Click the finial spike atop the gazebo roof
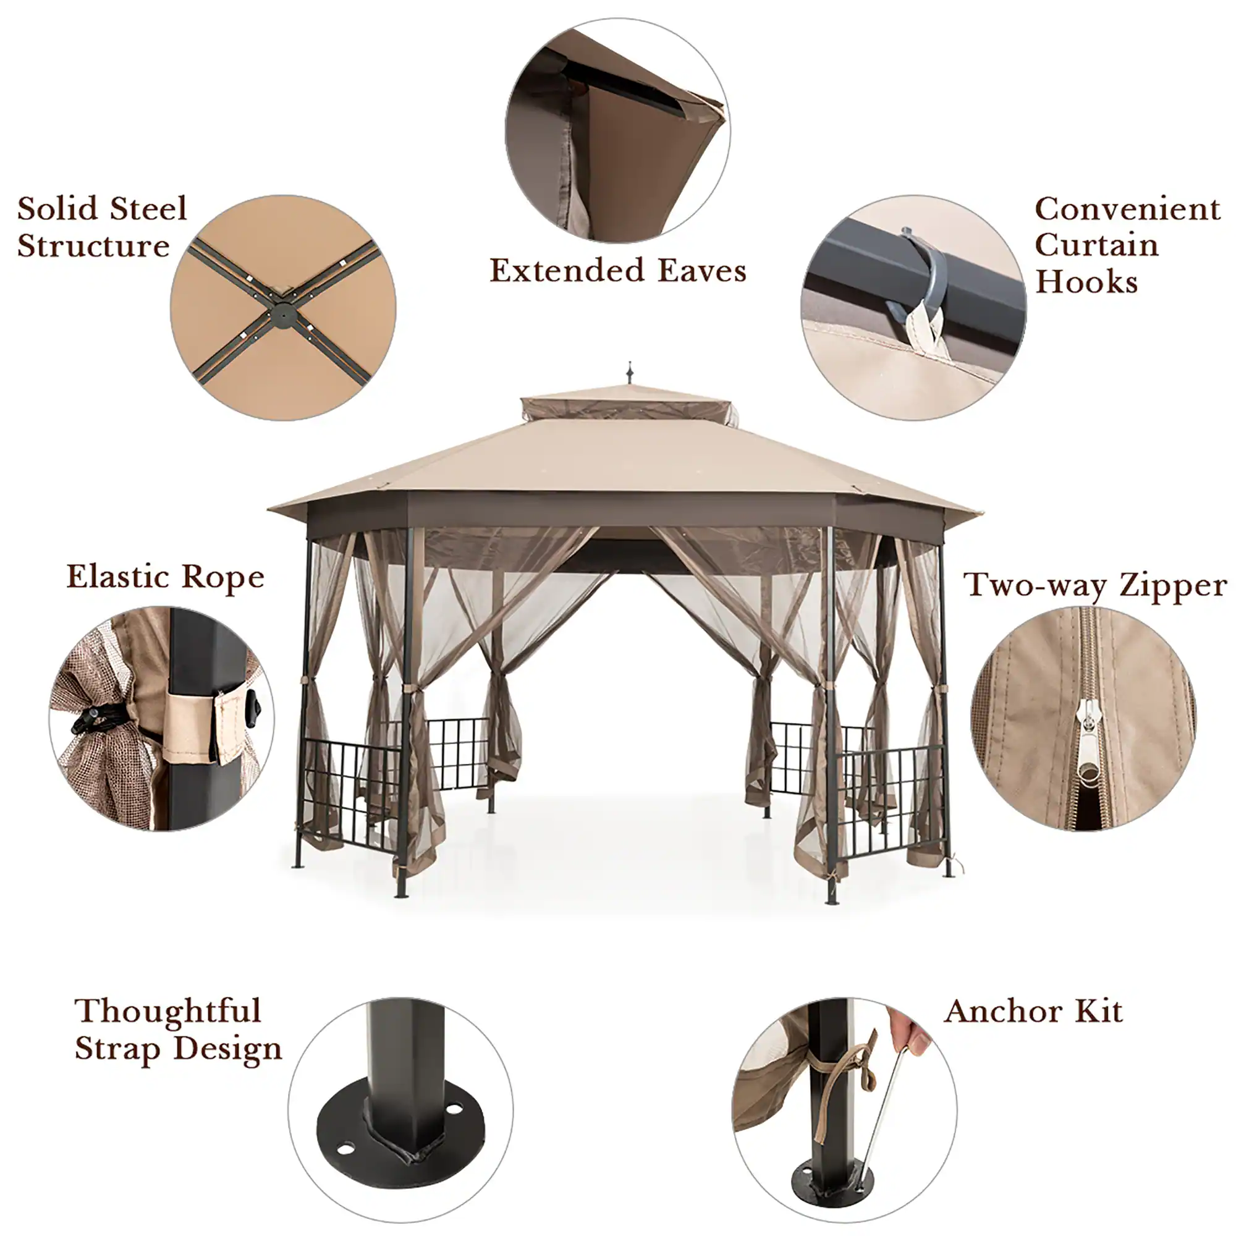630,372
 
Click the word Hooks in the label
1086,282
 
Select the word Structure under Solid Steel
93,247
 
